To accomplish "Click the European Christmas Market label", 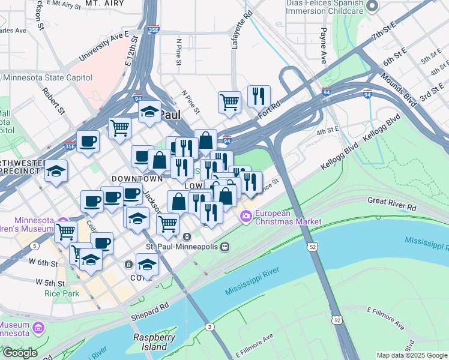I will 288,217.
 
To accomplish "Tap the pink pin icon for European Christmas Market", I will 246,217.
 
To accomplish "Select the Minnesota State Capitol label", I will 48,77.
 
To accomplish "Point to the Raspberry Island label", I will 154,342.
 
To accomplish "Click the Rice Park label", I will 58,293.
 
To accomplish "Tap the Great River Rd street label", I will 391,202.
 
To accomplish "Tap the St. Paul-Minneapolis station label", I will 182,246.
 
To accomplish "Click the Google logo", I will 19,353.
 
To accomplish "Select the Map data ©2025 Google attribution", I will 412,355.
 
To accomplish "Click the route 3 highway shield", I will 209,326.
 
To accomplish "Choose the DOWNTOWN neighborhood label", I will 137,179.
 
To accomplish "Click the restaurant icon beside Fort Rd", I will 259,95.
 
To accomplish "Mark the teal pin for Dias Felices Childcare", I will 372,6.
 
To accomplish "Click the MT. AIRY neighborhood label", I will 104,4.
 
